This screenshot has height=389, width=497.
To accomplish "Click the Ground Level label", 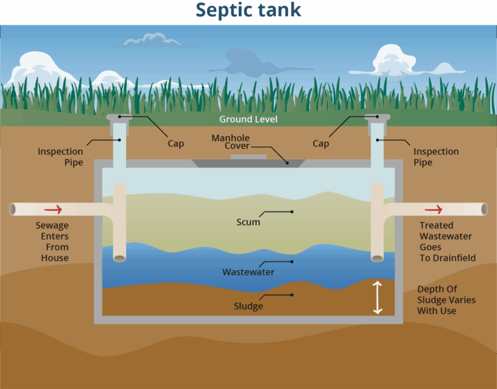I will (248, 120).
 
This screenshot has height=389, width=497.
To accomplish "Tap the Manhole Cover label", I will (231, 142).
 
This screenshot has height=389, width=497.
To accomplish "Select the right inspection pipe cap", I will (377, 118).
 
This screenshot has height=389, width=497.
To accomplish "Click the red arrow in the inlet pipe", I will (54, 209).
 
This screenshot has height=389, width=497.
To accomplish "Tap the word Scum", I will (248, 222).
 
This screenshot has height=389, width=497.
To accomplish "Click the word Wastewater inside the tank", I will (248, 272).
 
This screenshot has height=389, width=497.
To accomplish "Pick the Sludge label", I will (248, 306).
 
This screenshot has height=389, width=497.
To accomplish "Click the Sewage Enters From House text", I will (52, 241).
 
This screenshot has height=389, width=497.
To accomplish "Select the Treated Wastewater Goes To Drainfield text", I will (447, 241).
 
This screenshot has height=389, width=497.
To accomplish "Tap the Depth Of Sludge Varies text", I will (446, 300).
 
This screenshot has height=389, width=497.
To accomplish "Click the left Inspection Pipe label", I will (60, 157).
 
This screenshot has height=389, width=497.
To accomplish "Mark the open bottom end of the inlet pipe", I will (120, 258).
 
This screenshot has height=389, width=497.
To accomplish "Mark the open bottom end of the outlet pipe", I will (377, 258).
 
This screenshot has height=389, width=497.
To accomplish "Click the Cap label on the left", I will (176, 144).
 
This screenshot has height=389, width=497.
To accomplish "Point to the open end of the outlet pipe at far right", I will (484, 209).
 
